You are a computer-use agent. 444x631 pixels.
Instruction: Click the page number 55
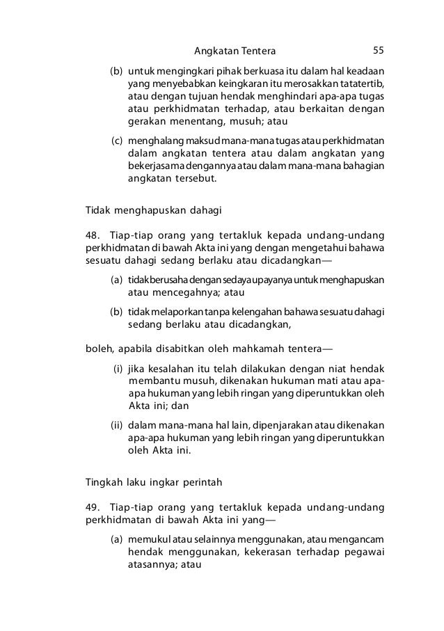379,51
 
